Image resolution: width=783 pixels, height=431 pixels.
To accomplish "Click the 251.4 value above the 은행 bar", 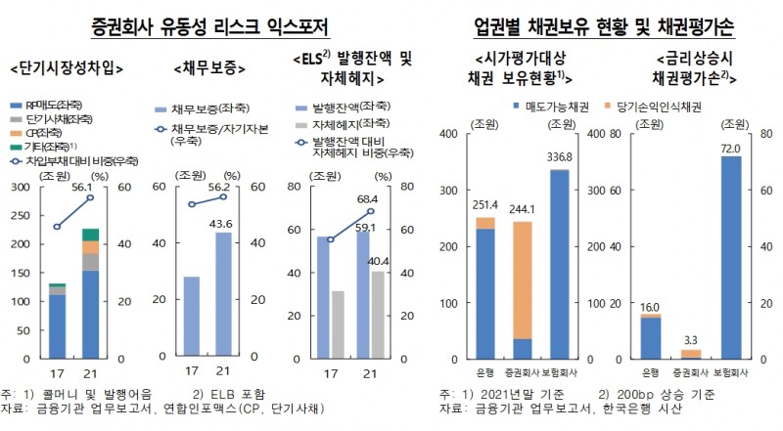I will click(484, 205).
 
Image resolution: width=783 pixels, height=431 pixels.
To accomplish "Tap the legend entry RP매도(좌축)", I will click(50, 103).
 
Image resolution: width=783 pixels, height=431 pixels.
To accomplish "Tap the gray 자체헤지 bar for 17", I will click(337, 323).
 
